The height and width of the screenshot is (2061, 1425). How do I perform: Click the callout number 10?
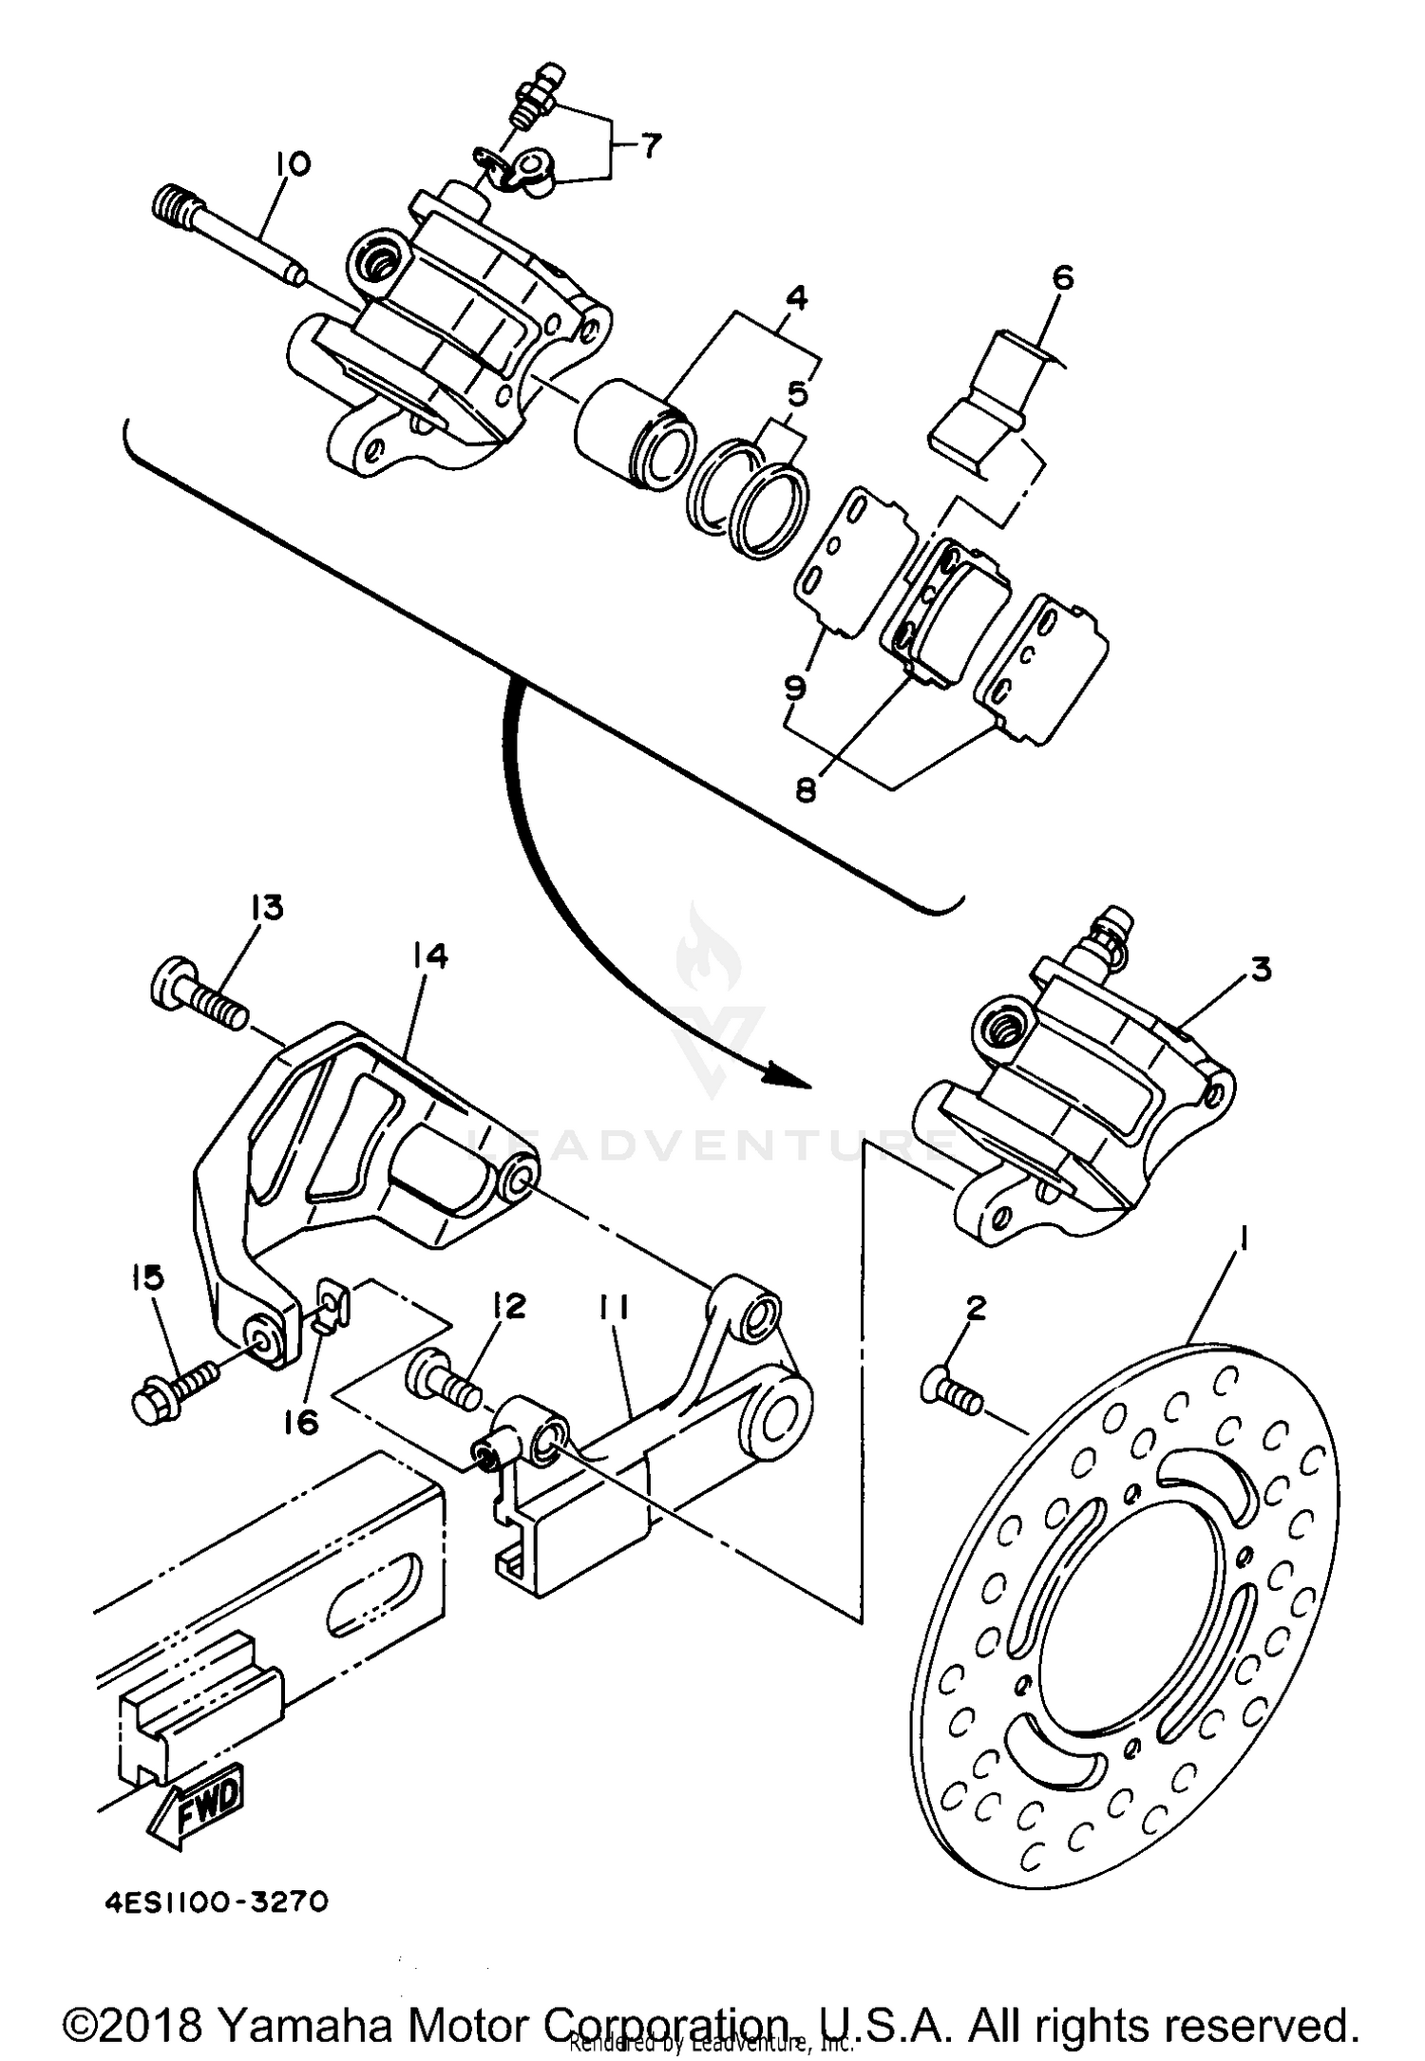coord(293,165)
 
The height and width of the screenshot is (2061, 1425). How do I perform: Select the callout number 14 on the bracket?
coord(429,956)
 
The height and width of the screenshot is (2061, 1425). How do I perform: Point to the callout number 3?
coord(1260,971)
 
